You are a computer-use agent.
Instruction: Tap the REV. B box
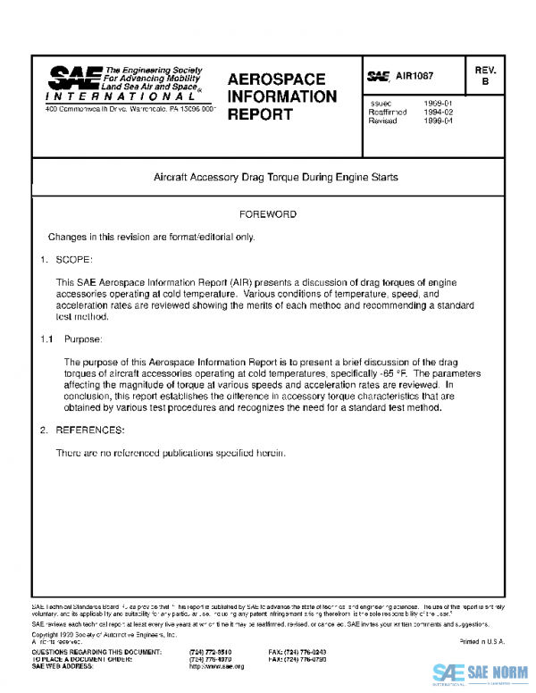point(486,76)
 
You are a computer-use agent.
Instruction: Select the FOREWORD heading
point(268,215)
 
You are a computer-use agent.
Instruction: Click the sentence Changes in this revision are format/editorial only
point(151,237)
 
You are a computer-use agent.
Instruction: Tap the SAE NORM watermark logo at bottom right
point(481,673)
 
